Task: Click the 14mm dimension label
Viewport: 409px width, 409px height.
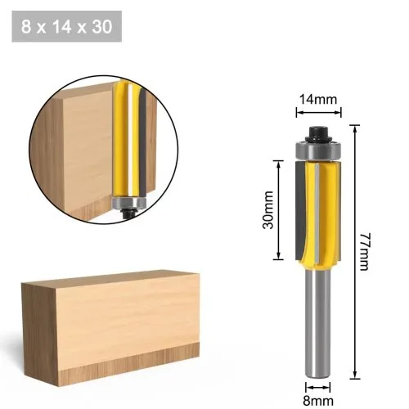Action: pyautogui.click(x=318, y=99)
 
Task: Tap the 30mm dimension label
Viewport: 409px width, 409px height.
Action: pyautogui.click(x=268, y=210)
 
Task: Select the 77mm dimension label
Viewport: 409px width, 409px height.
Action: pyautogui.click(x=364, y=251)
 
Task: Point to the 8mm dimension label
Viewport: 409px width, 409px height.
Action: pyautogui.click(x=318, y=401)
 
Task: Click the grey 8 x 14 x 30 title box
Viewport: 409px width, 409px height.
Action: pyautogui.click(x=67, y=26)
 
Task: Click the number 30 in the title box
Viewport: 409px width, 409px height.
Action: pyautogui.click(x=102, y=26)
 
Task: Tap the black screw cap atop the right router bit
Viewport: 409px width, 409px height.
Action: pyautogui.click(x=318, y=133)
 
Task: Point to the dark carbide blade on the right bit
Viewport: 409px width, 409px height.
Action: pyautogui.click(x=301, y=210)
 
